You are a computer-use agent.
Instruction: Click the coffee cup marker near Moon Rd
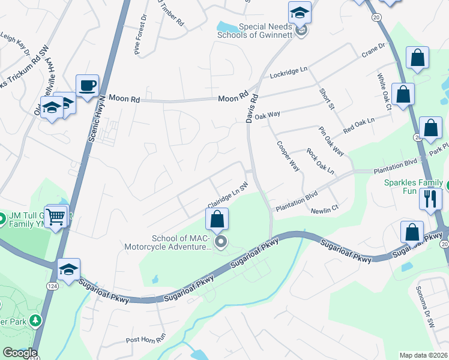tap(87, 85)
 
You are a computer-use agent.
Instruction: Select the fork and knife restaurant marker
tap(430, 199)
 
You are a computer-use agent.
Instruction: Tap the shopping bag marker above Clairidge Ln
tap(217, 219)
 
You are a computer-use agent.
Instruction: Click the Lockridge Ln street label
tap(289, 73)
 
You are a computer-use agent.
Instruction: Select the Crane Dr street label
tap(373, 50)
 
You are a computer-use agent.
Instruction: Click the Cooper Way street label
tap(288, 156)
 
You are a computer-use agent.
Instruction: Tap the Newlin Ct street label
tap(325, 211)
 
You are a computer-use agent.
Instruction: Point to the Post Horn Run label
tap(145, 340)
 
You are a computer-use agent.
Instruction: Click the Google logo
tap(19, 353)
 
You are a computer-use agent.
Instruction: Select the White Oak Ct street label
tap(384, 92)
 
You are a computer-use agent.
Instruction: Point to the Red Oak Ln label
tap(358, 125)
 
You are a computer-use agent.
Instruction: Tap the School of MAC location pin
tap(221, 242)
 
